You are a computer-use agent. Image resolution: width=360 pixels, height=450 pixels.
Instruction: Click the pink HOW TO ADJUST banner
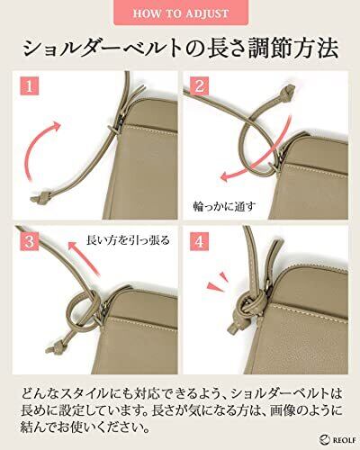(x=181, y=12)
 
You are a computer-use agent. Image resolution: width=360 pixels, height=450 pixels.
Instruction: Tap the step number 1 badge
(x=30, y=86)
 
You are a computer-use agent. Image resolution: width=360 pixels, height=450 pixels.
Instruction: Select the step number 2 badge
(x=200, y=86)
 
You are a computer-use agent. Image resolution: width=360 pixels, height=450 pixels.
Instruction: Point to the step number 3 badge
(x=30, y=241)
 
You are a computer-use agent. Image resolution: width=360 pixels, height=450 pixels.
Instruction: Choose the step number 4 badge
(x=200, y=241)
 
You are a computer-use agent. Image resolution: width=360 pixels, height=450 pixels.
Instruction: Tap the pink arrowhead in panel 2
(x=226, y=177)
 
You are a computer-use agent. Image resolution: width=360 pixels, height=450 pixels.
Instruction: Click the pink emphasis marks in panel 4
(x=218, y=281)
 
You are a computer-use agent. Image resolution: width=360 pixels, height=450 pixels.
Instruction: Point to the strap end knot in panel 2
(x=286, y=92)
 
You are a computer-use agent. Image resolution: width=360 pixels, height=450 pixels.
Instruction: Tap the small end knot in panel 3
(x=55, y=346)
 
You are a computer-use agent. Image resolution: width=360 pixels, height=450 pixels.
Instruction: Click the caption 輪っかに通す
(x=225, y=207)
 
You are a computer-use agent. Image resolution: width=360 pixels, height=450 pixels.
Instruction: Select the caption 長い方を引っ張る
(x=128, y=240)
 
